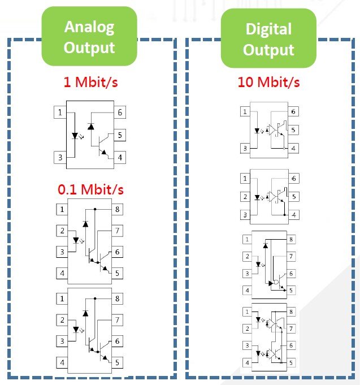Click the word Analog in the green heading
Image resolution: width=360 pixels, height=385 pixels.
pos(89,28)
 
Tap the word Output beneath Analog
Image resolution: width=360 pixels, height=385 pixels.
pos(89,47)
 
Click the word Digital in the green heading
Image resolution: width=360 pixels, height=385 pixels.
pos(268,29)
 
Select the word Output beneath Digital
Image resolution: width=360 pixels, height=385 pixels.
pos(268,50)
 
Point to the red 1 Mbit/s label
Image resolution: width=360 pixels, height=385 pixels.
pos(91,82)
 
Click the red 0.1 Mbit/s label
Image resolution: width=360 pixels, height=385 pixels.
pos(90,189)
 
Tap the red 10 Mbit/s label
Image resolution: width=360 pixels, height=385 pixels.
pos(268,82)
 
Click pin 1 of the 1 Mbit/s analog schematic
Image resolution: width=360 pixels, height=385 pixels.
pos(60,112)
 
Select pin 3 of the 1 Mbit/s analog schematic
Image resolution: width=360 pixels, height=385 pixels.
pos(60,157)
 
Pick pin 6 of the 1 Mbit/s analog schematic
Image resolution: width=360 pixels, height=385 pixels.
pos(120,112)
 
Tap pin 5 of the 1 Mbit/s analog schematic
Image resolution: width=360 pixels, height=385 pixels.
pos(120,135)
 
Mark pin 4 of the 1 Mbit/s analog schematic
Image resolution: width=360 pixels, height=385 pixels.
pos(120,157)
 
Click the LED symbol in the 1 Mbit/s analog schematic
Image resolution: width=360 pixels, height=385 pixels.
pos(75,136)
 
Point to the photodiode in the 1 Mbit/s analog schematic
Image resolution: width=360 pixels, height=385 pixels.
pos(91,127)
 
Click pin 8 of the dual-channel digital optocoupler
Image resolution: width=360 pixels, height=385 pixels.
pos(291,312)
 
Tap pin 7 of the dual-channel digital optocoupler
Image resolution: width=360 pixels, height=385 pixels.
pos(291,328)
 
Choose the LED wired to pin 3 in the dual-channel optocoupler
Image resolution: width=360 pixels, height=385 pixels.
pos(258,353)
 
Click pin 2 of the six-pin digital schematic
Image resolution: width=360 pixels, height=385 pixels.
pos(245,197)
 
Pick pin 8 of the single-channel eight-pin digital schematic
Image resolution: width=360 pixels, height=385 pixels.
pos(291,239)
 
